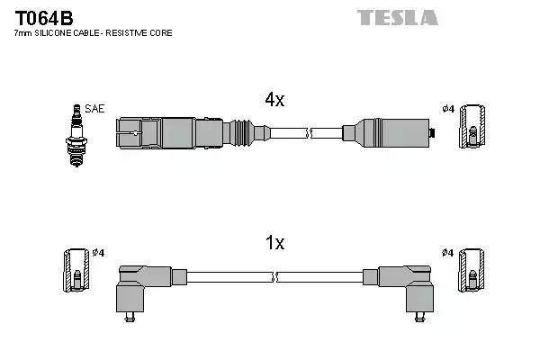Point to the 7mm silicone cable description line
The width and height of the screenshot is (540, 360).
pos(94,33)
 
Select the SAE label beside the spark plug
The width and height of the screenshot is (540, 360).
pos(95,109)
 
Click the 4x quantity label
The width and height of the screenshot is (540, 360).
pos(274,101)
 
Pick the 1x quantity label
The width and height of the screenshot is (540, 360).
pos(274,243)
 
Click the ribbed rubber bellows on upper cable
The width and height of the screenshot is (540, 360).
pos(242,132)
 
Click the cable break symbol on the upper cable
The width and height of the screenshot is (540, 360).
pos(310,133)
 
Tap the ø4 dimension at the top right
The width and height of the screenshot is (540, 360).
pos(447,109)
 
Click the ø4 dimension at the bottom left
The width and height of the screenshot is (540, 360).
pos(98,252)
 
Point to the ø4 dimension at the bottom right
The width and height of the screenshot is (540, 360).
pos(447,252)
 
